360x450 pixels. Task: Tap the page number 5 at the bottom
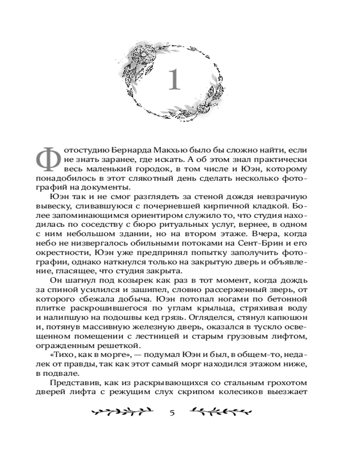[172, 413]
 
